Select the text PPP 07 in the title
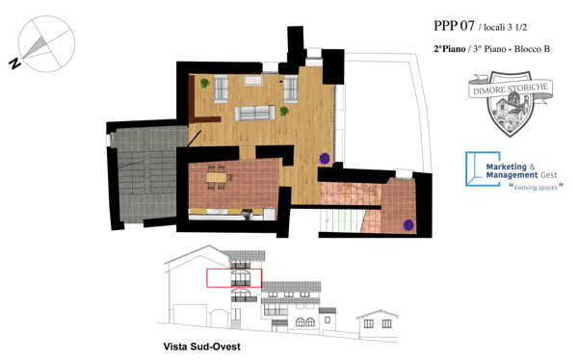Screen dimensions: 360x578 pyautogui.click(x=455, y=27)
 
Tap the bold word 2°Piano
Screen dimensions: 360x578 pyautogui.click(x=449, y=48)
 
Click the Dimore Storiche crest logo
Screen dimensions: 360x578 pyautogui.click(x=511, y=107)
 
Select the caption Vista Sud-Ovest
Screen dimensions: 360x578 pyautogui.click(x=201, y=346)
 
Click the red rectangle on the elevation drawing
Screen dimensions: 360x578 pyautogui.click(x=234, y=278)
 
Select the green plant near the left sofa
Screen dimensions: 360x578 pyautogui.click(x=205, y=84)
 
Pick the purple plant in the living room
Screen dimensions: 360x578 pyautogui.click(x=325, y=158)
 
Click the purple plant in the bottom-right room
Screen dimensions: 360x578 pyautogui.click(x=408, y=225)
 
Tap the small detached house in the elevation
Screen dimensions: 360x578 pyautogui.click(x=378, y=321)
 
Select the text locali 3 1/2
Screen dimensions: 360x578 pyautogui.click(x=504, y=29)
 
